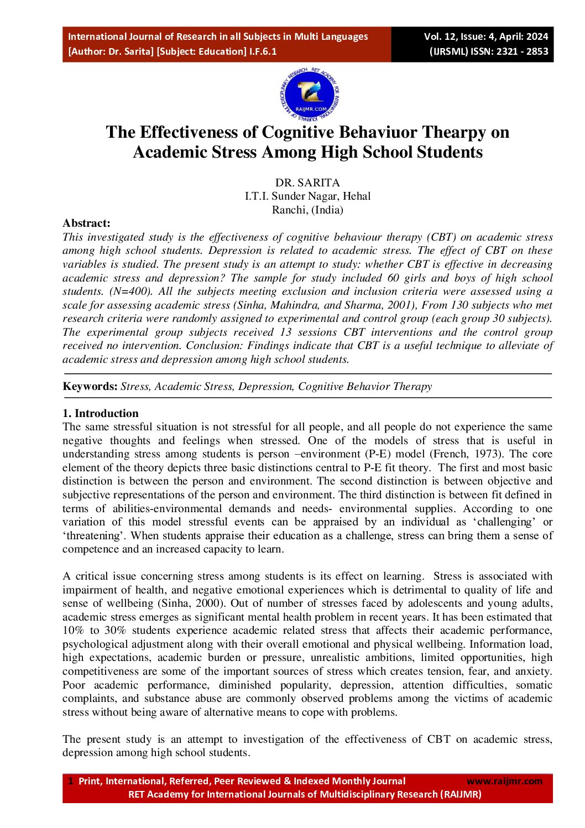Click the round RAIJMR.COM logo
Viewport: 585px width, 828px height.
click(309, 95)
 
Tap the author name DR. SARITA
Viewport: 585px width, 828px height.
click(307, 183)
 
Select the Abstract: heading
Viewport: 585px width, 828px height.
click(86, 223)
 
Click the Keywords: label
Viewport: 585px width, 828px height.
click(90, 386)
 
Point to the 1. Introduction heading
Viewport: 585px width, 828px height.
click(100, 413)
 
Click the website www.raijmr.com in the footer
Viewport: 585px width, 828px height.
click(504, 781)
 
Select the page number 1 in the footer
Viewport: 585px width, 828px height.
click(70, 781)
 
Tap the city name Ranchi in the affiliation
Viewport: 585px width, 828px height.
click(288, 210)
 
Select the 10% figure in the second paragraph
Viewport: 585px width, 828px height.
click(73, 630)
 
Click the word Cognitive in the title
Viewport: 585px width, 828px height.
click(297, 132)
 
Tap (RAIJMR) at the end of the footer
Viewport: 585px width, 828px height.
click(461, 794)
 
